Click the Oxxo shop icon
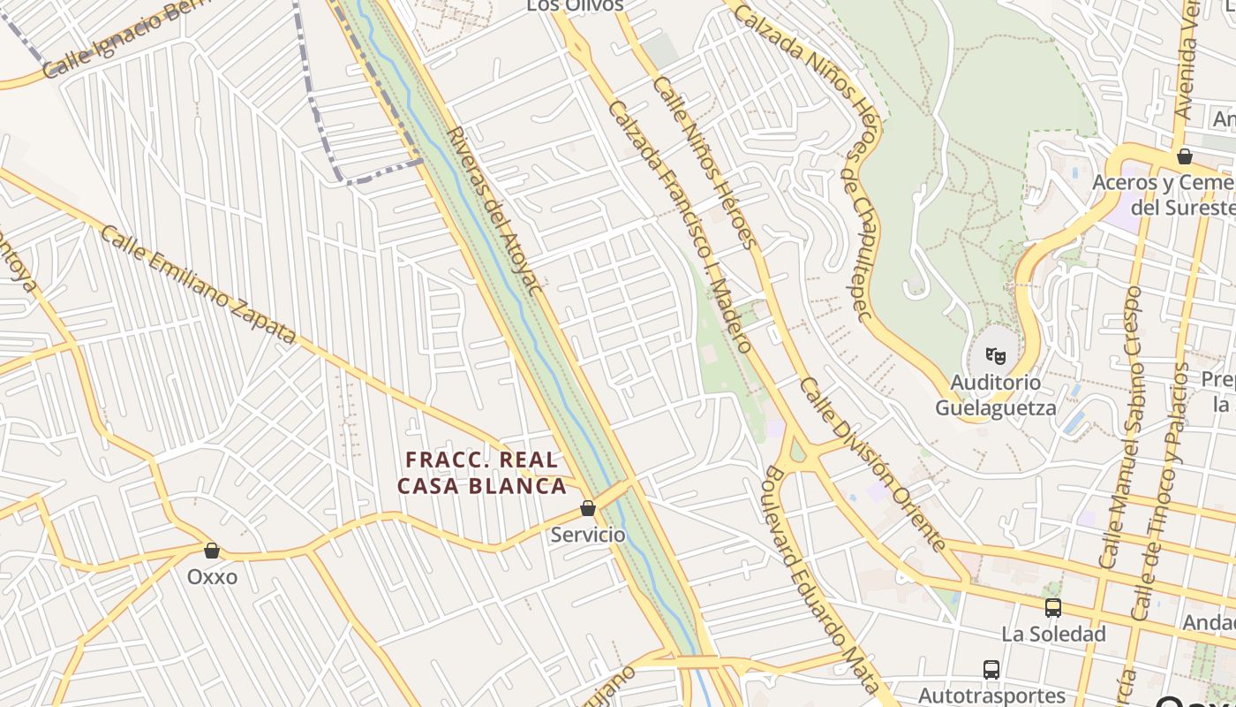[212, 551]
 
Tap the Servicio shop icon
[588, 508]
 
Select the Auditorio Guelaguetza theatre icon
[996, 356]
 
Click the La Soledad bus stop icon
[1052, 608]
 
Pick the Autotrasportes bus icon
[991, 670]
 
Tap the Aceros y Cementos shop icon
[1185, 156]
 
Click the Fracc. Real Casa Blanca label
[482, 473]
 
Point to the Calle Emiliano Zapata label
[198, 285]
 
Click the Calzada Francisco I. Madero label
[680, 226]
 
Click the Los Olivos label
[575, 5]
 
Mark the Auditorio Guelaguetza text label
[995, 395]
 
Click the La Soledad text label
[1053, 634]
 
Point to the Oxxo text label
[212, 577]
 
